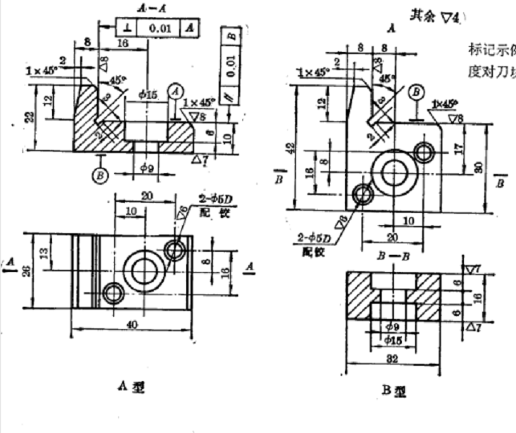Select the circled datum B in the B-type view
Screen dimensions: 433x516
(416, 92)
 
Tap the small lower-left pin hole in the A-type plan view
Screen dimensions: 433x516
(113, 293)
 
